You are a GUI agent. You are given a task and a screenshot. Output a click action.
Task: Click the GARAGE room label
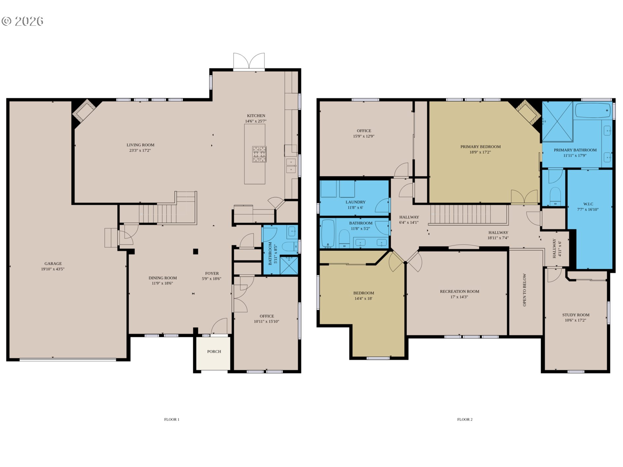click(53, 264)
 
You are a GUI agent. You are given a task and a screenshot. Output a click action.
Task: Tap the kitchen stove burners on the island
click(259, 154)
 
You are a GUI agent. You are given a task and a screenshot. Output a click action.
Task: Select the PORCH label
click(214, 352)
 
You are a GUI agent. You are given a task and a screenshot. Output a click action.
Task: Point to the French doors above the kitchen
click(249, 61)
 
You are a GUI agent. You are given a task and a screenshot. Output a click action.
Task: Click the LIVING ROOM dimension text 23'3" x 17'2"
click(140, 151)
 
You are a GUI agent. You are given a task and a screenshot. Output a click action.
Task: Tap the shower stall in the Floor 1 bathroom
click(289, 266)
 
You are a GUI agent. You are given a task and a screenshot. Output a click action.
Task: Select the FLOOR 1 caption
click(171, 419)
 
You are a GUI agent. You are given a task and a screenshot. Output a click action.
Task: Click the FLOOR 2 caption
click(464, 419)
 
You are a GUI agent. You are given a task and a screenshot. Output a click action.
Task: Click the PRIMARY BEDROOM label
click(480, 147)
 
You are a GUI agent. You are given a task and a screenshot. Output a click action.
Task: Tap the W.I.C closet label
click(588, 204)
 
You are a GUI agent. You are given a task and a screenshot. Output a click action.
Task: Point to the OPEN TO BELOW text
click(524, 290)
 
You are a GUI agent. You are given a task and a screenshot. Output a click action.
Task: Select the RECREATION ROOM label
click(459, 292)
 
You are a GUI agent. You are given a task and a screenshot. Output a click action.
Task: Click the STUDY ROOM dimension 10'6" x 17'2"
click(575, 320)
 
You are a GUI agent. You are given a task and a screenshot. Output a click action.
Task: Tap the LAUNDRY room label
click(355, 202)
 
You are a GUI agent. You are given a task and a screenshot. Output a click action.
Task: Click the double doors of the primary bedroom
click(524, 197)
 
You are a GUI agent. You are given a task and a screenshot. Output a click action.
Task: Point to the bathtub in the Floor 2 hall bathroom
click(328, 233)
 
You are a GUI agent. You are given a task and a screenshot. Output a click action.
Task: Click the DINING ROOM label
click(163, 278)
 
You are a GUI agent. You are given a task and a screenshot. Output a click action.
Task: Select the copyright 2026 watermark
click(22, 21)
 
